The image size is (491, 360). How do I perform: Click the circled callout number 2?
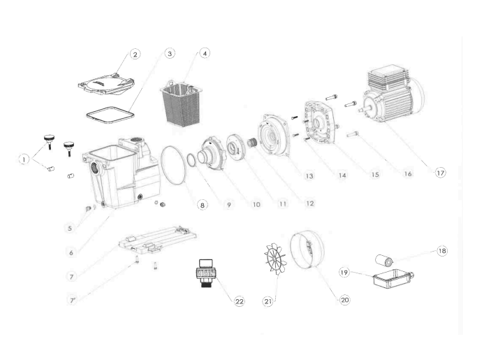point(135,54)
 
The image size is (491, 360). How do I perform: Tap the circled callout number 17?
point(440,173)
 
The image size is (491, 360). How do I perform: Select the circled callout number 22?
point(239,301)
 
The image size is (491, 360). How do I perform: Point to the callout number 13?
point(308,178)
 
